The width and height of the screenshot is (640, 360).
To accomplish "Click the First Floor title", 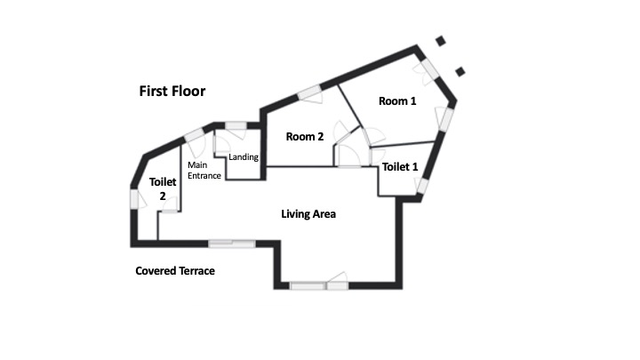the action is (172, 91).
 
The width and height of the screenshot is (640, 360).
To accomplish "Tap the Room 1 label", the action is (397, 100).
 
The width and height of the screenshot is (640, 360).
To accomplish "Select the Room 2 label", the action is (305, 136).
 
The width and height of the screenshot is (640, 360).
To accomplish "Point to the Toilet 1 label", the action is (400, 166).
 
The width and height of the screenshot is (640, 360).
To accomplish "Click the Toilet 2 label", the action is (163, 188).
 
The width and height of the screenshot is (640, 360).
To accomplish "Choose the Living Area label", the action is (308, 214).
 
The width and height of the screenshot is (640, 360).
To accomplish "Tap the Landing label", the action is (244, 156).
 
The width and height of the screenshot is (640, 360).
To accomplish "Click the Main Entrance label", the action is (204, 170).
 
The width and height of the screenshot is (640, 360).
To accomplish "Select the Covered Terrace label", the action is (175, 270).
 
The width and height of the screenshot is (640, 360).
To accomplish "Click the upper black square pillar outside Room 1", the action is (440, 41).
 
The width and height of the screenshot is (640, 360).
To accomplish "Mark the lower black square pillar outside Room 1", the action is (460, 72).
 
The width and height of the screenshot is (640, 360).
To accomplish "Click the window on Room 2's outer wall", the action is (309, 93).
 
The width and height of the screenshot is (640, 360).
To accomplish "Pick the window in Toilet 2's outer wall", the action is (135, 199).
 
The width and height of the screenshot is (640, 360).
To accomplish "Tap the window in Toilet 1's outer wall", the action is (422, 186).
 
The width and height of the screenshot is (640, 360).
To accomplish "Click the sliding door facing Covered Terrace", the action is (232, 244).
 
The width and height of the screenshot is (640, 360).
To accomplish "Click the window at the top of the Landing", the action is (236, 125).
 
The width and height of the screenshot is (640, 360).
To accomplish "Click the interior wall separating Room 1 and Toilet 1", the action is (402, 145).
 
